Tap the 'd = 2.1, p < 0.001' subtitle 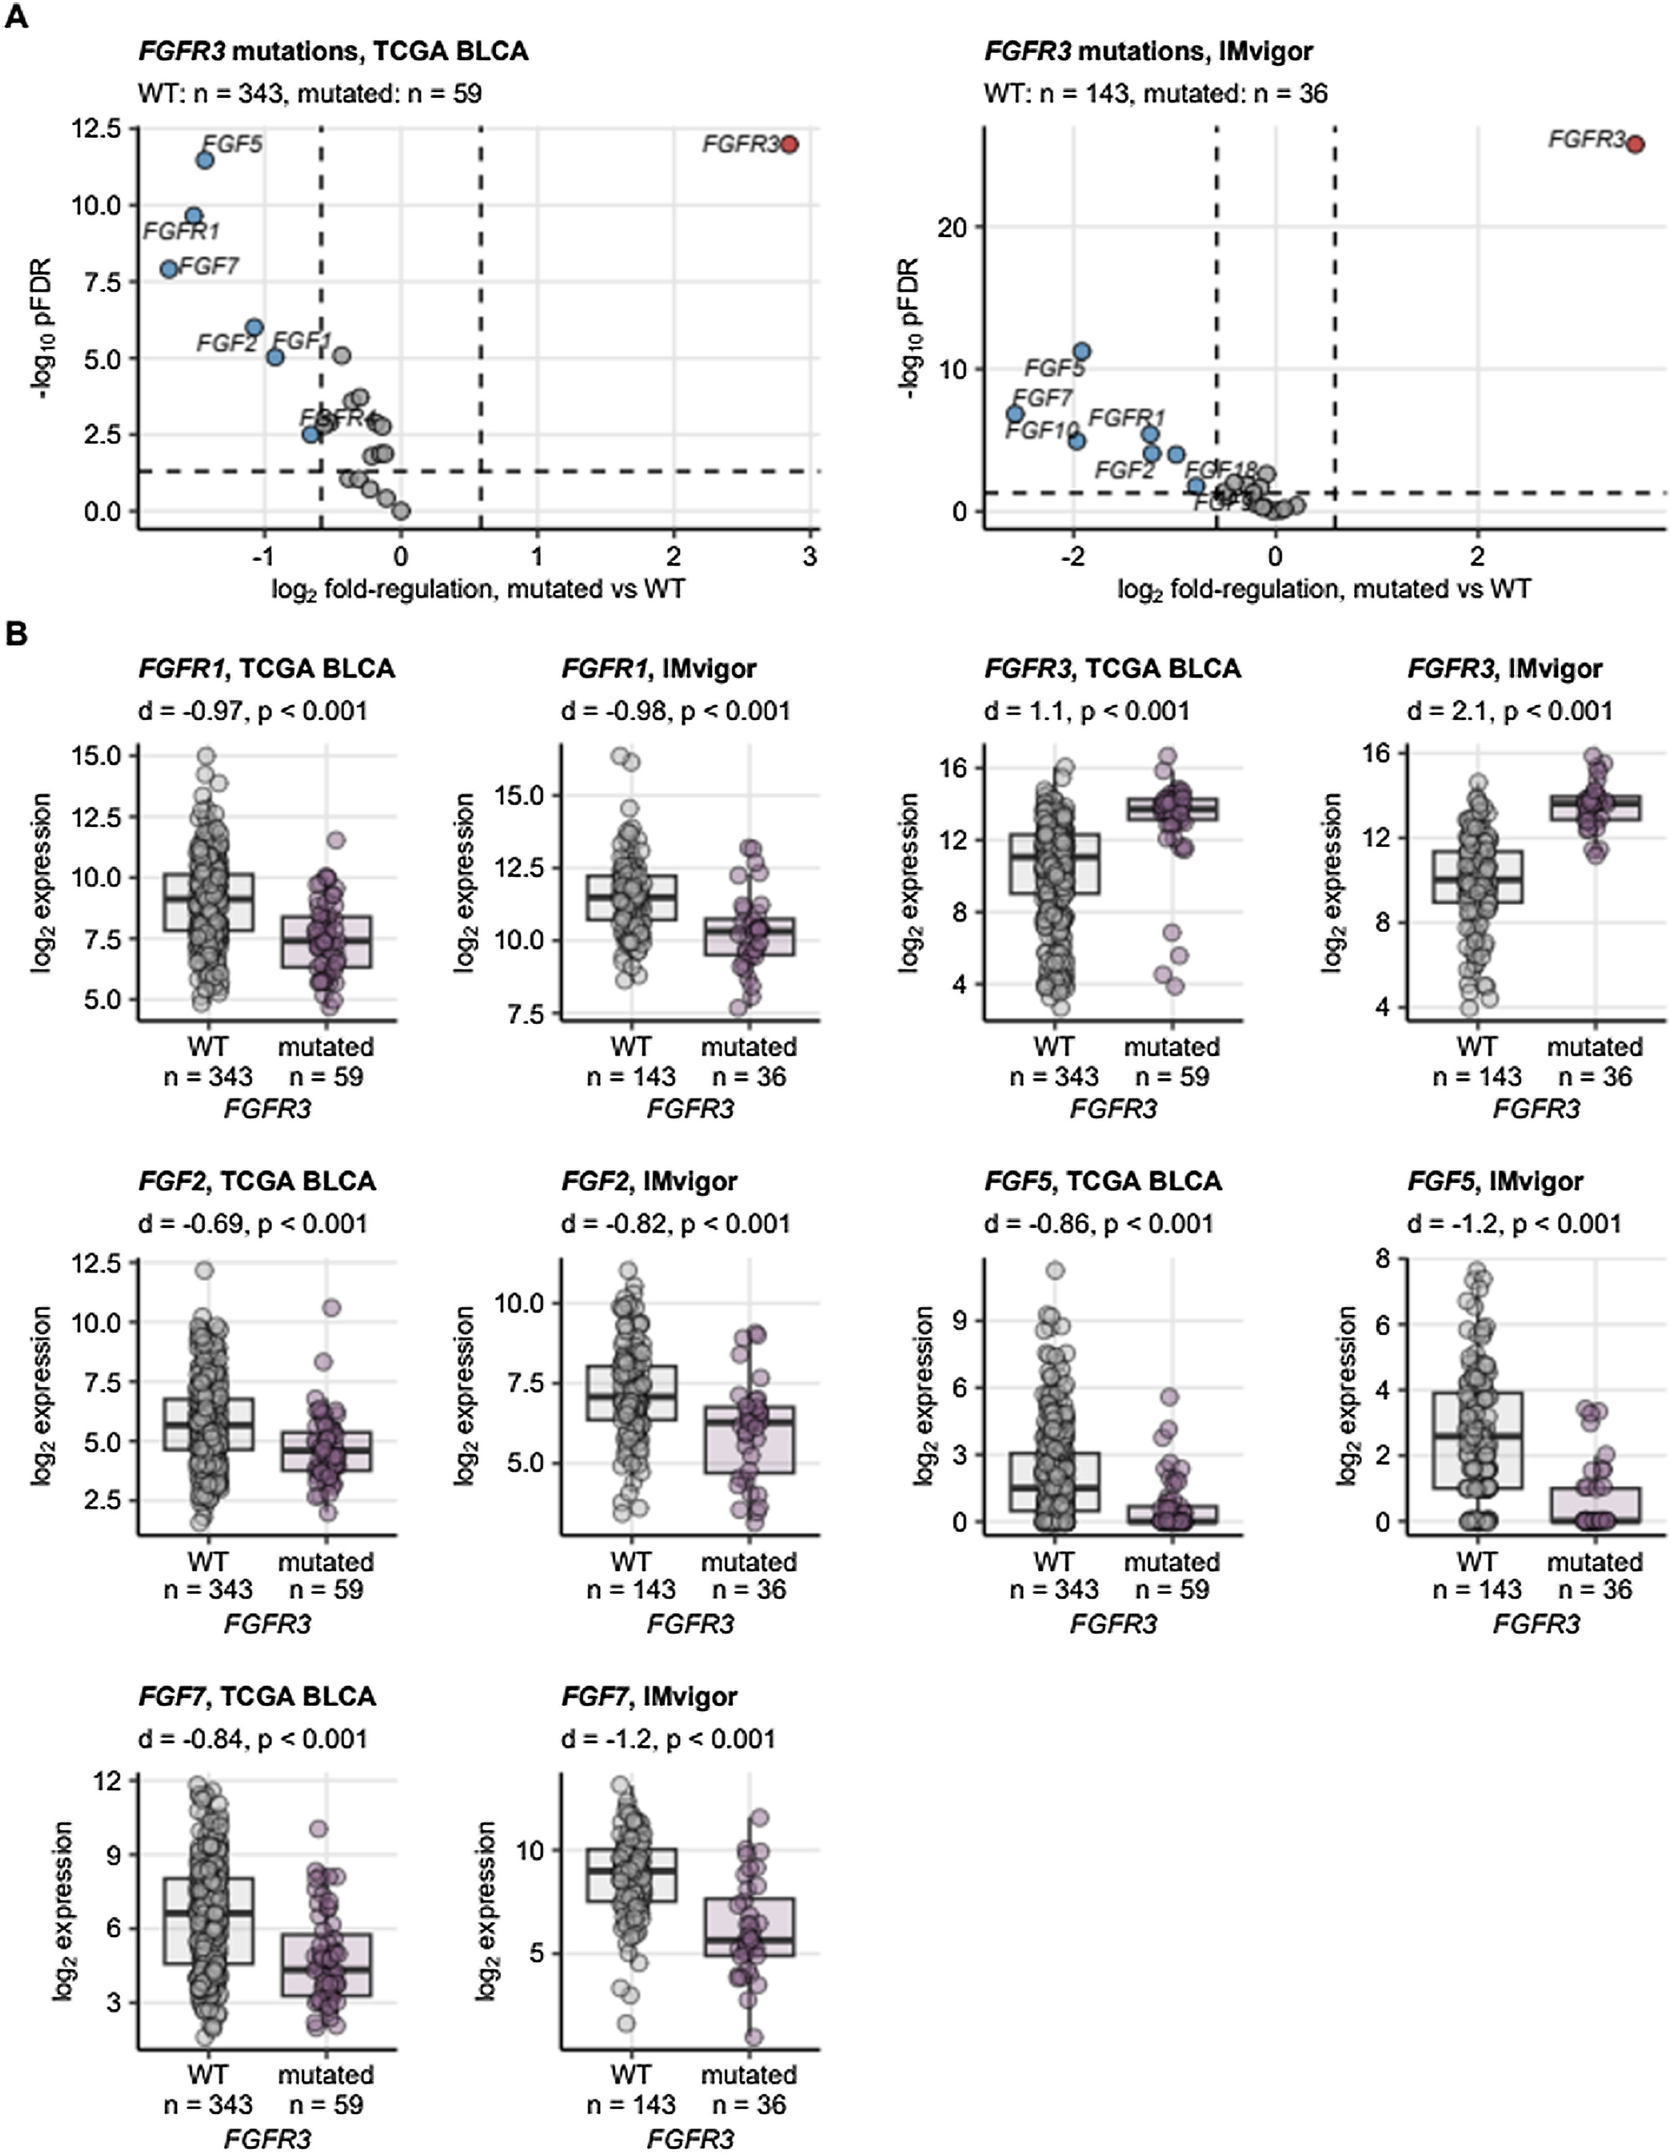(x=1509, y=711)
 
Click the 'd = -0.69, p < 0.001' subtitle (x=253, y=1224)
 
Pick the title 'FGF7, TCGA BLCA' (x=256, y=1696)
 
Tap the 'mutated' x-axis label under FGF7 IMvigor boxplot (x=749, y=2075)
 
